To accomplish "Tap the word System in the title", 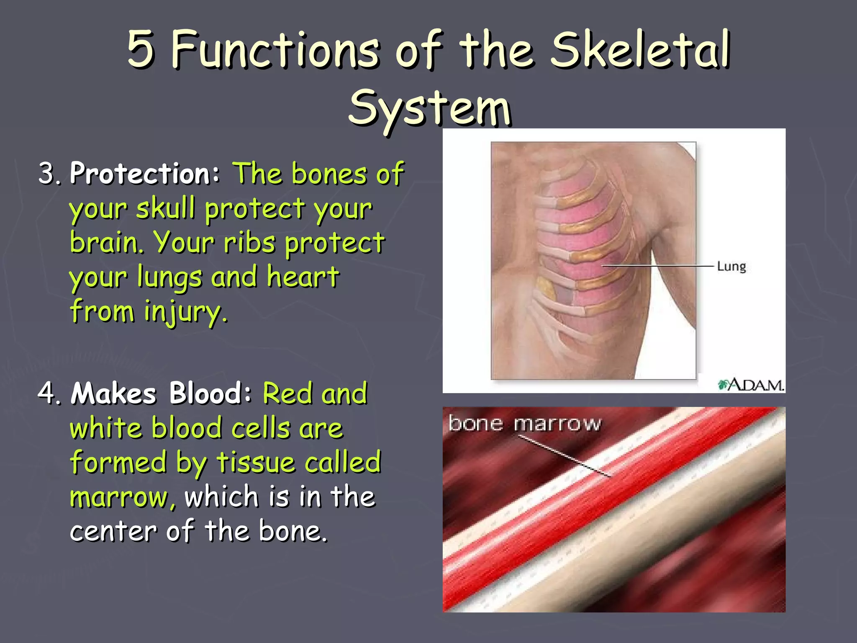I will click(430, 108).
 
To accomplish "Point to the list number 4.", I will click(49, 394).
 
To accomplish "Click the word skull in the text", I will click(166, 208).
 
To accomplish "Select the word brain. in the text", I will click(107, 243).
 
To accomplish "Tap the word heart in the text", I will click(303, 277).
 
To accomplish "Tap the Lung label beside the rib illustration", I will click(731, 267).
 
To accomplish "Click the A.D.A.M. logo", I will click(751, 384).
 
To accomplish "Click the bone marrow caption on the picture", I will click(525, 423).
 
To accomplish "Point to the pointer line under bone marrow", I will click(565, 456).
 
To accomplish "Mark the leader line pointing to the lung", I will click(657, 266).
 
